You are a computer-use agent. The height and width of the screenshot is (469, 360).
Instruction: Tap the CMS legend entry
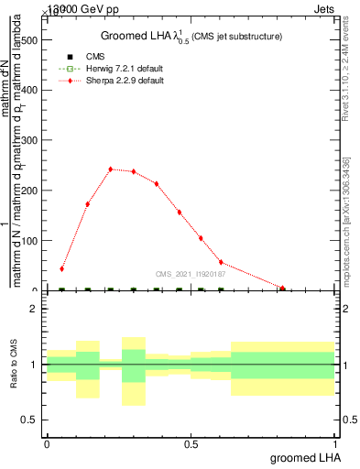(95, 57)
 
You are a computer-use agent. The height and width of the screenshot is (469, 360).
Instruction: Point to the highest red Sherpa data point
(111, 169)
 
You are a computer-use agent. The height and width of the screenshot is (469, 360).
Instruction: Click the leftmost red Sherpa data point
(61, 268)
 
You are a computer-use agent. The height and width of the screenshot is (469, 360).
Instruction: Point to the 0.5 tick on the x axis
(191, 444)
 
